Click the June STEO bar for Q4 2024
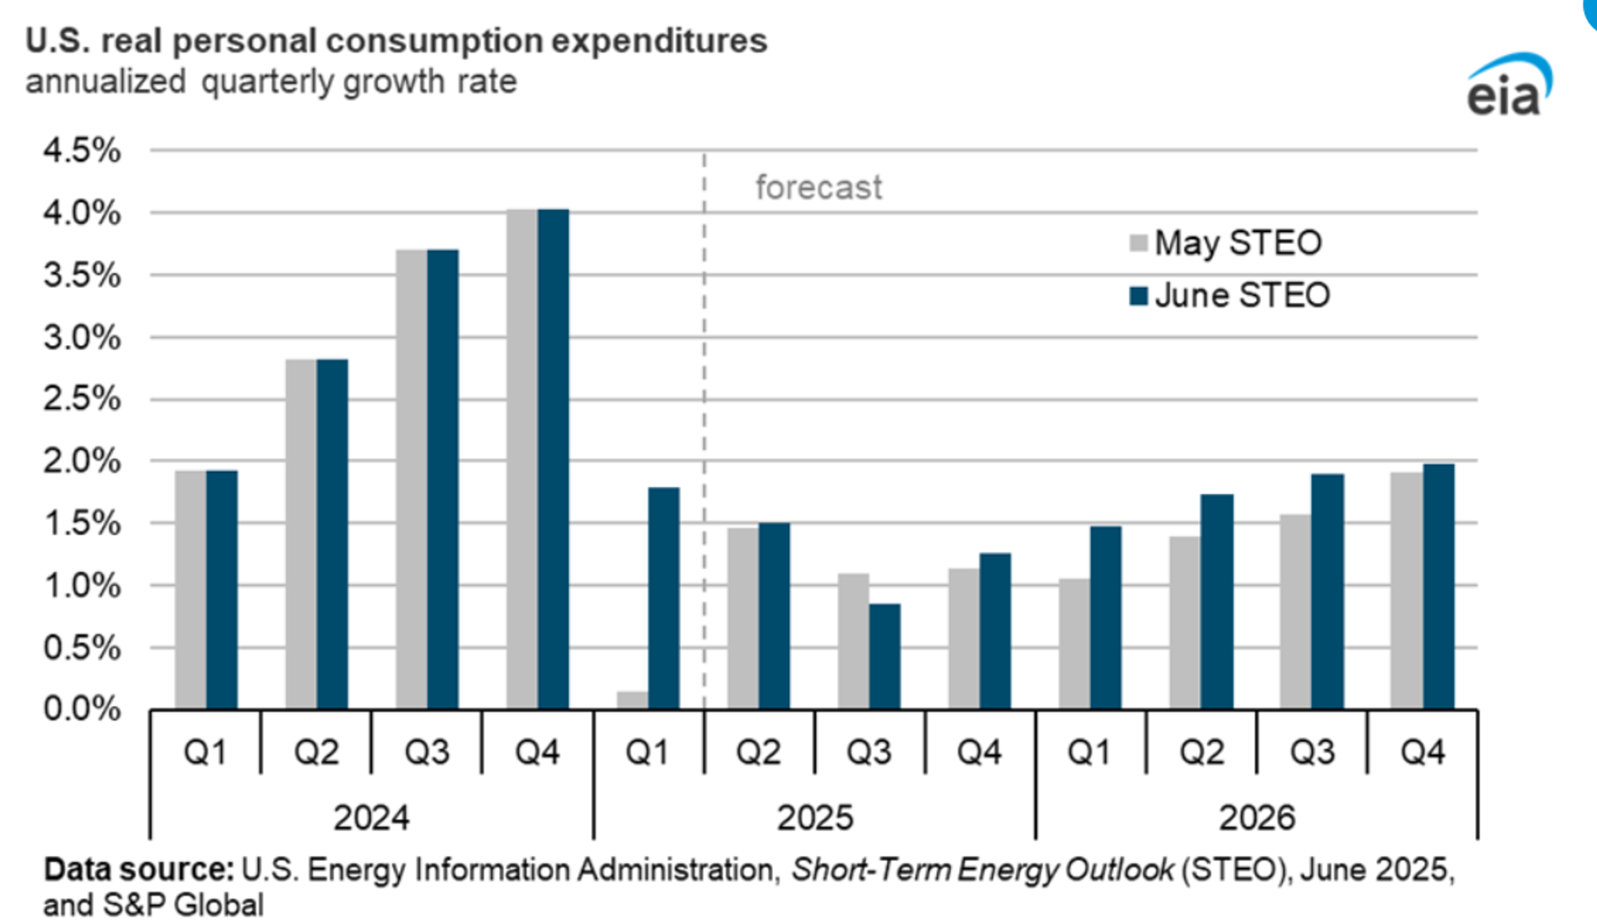coord(553,459)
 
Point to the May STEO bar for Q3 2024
coord(411,479)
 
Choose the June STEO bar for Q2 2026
coord(1217,602)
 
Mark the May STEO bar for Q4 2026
coord(1406,591)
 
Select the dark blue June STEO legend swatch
coord(1138,296)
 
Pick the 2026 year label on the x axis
coord(1257,817)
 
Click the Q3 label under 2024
coord(427,752)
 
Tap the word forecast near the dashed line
coord(818,188)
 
